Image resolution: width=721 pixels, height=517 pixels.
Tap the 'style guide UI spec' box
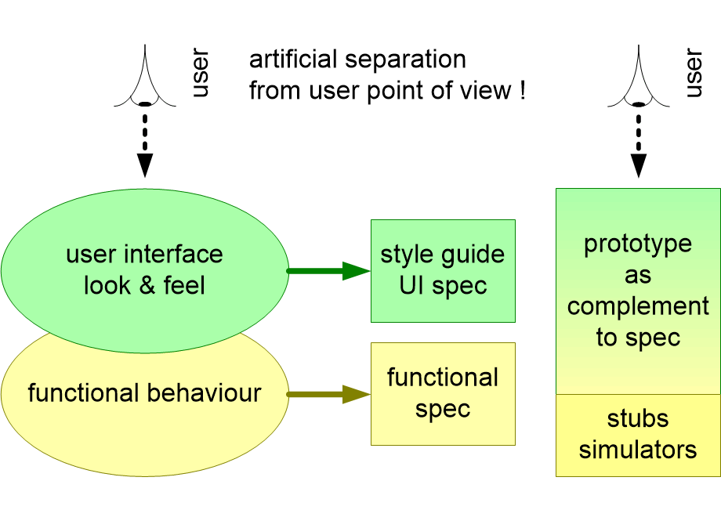[x=443, y=270]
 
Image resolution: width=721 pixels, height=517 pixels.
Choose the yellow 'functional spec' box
[x=443, y=393]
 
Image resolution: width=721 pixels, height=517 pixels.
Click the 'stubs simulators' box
[x=638, y=435]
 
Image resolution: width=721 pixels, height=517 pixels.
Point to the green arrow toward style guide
[x=329, y=271]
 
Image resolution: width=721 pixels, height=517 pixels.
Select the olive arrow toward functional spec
[x=329, y=394]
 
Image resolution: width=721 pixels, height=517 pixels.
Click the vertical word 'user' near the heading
[x=200, y=75]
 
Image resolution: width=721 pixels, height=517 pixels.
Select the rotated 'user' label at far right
[x=693, y=75]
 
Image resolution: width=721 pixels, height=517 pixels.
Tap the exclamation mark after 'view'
[x=522, y=91]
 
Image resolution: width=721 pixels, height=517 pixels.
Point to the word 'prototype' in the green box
[x=638, y=244]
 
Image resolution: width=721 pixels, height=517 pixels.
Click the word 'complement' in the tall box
[x=638, y=306]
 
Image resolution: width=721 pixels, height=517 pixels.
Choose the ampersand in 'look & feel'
[x=144, y=285]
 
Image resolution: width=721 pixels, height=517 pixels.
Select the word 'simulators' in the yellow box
[x=638, y=450]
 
